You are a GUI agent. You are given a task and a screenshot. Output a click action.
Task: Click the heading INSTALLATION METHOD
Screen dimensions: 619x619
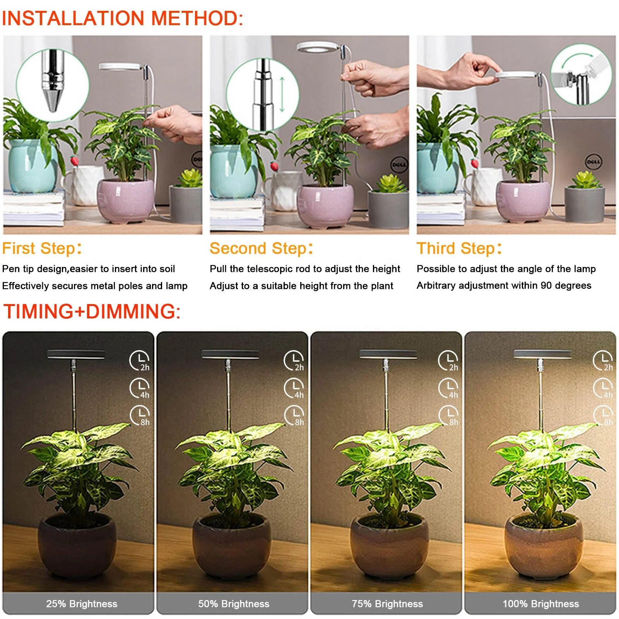[x=122, y=18]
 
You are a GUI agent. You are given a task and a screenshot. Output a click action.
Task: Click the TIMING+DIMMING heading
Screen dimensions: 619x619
[x=92, y=311]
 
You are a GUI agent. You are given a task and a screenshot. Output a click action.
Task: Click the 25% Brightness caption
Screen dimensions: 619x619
[x=82, y=604]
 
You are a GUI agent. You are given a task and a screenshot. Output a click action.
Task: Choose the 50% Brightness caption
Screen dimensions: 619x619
[x=234, y=604]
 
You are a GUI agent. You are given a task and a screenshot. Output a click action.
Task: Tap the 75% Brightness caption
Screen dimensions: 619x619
[x=387, y=604]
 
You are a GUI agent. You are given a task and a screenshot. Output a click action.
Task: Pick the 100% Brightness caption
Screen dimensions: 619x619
[x=540, y=604]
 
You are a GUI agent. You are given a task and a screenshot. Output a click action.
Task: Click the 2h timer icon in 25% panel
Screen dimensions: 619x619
[x=139, y=361]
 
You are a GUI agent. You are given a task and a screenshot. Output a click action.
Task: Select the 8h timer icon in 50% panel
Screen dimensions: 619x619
[x=294, y=416]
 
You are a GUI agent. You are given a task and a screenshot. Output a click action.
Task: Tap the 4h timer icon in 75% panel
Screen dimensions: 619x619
[x=448, y=388]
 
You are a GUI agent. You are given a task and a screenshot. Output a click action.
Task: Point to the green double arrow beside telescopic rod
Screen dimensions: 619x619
[x=282, y=94]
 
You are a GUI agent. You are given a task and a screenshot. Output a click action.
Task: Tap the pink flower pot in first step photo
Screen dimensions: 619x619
[x=125, y=201]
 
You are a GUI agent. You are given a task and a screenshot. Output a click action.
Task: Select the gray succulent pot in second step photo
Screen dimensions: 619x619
[x=388, y=209]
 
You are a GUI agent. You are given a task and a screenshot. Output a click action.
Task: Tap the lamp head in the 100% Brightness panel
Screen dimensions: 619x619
[x=542, y=354]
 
